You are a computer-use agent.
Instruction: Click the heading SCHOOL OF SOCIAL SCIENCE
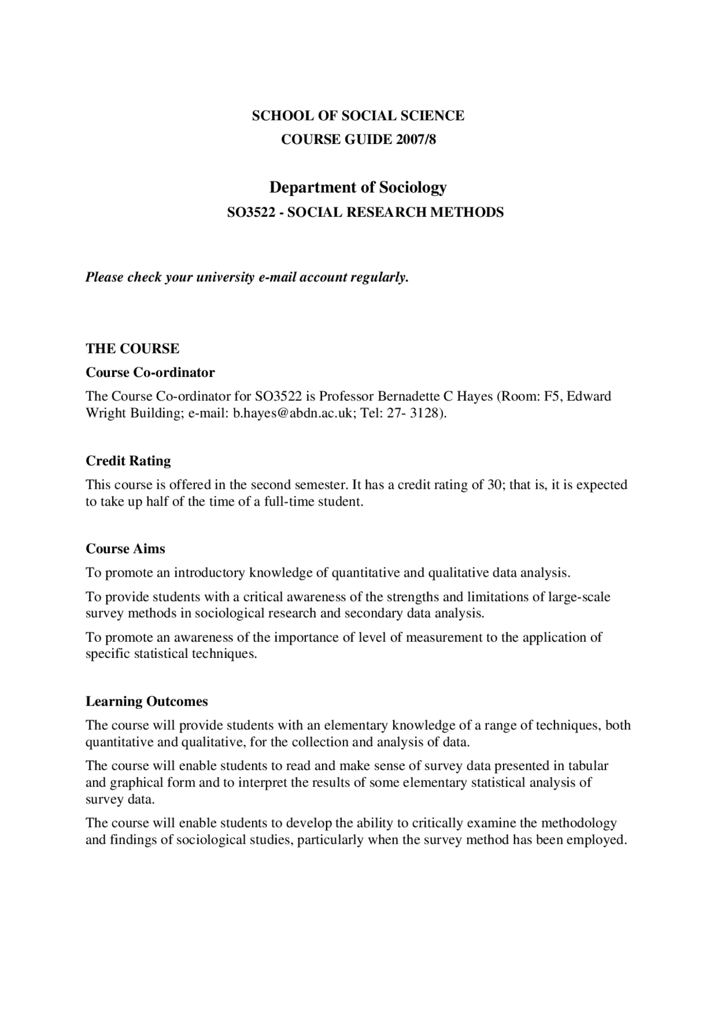coord(358,116)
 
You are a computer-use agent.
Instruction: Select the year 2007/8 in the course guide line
coord(416,139)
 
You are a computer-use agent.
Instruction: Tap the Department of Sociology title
coord(358,187)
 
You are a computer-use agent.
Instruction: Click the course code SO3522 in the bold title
coord(248,213)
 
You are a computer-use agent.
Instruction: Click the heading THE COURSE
coord(132,349)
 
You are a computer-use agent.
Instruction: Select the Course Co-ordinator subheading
coord(150,372)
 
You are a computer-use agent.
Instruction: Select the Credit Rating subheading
coord(128,461)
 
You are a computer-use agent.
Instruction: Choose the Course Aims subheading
coord(125,549)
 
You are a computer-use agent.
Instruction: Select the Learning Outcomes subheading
coord(147,702)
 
